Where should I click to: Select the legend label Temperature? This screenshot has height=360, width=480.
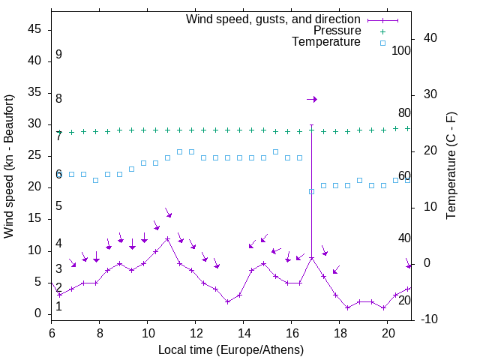tap(326, 42)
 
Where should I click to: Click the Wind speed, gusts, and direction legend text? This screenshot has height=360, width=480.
tap(273, 19)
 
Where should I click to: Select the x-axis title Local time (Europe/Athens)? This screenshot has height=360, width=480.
tap(231, 349)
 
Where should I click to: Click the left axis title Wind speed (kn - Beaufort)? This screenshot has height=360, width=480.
tap(9, 166)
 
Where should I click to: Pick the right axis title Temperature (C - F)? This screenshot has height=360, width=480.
tap(451, 166)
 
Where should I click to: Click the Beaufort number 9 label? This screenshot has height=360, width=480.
tap(58, 55)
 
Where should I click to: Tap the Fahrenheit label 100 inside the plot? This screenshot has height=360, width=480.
tap(401, 50)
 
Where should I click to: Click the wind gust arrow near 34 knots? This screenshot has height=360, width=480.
tap(313, 99)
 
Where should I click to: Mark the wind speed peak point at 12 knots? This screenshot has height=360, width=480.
tap(167, 238)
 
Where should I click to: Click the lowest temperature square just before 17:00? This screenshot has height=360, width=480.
tap(311, 191)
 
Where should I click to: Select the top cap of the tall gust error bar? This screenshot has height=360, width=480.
tap(311, 125)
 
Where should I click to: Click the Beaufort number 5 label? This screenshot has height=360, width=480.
tap(58, 206)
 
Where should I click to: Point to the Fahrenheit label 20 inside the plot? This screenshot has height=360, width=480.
tap(404, 300)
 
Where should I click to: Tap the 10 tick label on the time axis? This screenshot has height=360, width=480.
tap(148, 332)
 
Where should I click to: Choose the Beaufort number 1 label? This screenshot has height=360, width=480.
tap(58, 306)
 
